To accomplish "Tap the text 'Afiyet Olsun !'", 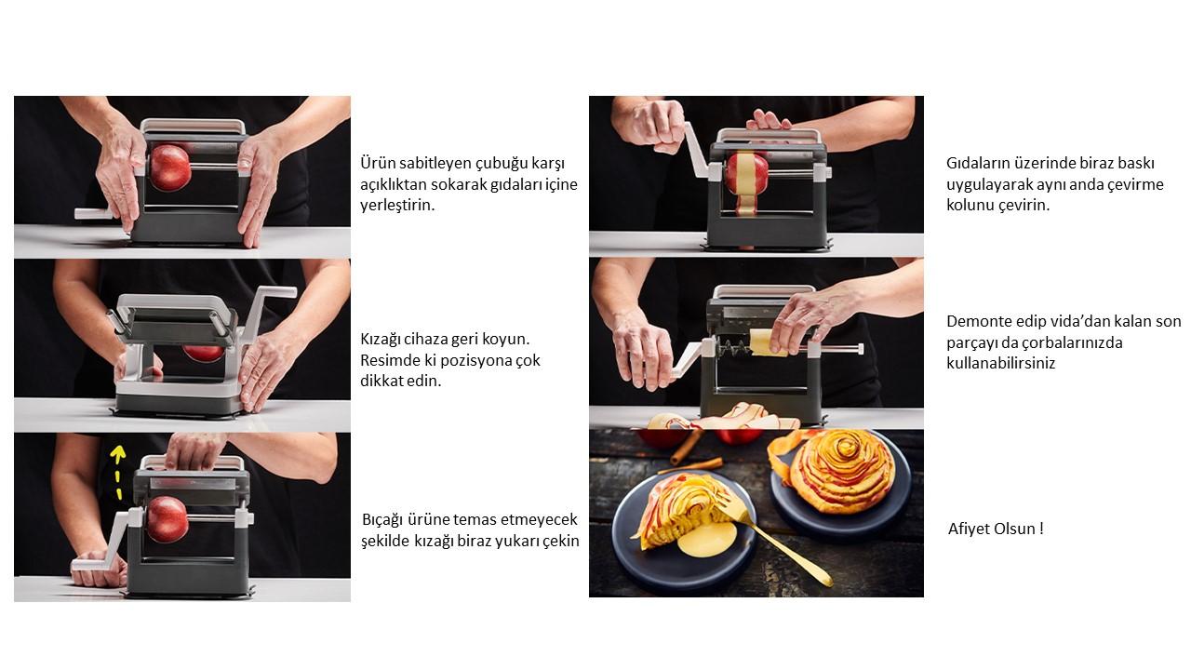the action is (996, 529).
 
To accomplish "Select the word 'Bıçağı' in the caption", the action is (381, 520).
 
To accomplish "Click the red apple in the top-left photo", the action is (170, 167).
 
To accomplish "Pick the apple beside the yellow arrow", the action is (167, 519).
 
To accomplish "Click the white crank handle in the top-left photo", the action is (94, 214).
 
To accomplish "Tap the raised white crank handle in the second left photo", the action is (273, 308).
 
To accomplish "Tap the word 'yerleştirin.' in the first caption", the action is (397, 206).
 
